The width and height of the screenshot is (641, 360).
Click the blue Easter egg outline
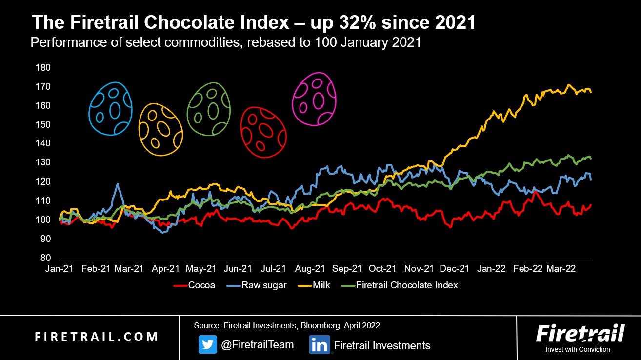110,108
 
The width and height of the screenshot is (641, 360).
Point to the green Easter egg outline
209,109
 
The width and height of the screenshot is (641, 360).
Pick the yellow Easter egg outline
160,129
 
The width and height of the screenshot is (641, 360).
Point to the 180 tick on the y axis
43,67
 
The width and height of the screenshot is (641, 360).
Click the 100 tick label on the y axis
43,220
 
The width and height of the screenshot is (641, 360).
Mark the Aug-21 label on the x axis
310,269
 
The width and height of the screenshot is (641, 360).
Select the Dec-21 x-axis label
456,269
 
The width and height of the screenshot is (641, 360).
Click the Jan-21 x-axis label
60,269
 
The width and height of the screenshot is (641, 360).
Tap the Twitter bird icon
207,345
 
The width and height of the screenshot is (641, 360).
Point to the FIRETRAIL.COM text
97,337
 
